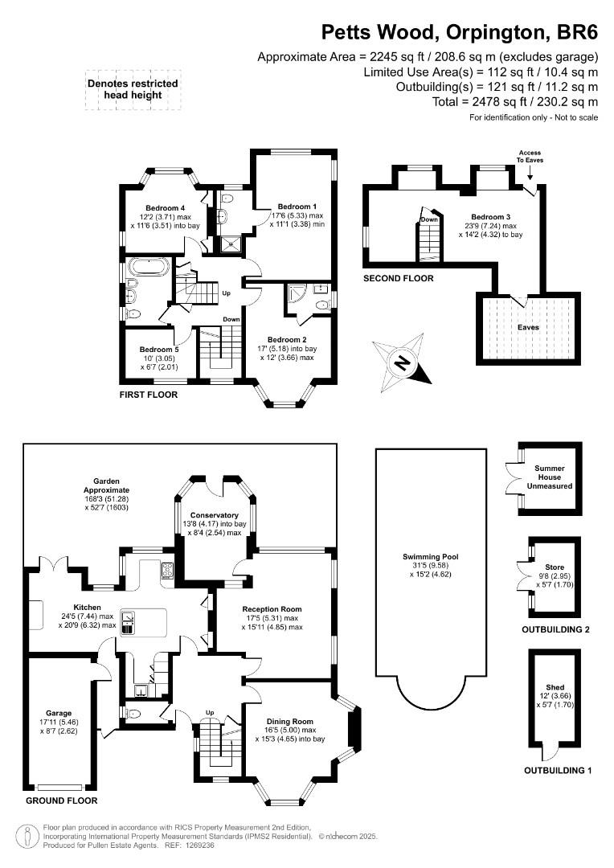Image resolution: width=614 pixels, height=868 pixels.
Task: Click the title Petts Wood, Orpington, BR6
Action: click(x=460, y=32)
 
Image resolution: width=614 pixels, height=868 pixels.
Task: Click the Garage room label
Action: click(x=59, y=713)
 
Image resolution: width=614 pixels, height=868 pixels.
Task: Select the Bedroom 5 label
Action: click(x=158, y=350)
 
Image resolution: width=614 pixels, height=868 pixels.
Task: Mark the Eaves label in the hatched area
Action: click(x=528, y=327)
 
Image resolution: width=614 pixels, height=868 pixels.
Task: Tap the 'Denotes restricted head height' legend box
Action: click(x=133, y=89)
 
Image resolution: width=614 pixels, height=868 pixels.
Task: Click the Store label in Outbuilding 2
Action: click(x=555, y=565)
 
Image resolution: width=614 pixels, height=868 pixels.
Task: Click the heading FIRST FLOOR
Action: click(x=149, y=395)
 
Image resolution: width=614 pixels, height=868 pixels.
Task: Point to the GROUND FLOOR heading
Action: click(x=61, y=800)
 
